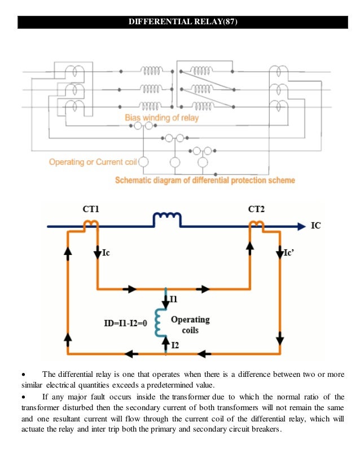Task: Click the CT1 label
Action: point(91,209)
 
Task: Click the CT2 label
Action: point(257,209)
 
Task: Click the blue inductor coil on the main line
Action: point(167,219)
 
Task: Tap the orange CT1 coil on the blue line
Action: point(91,225)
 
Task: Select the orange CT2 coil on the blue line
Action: point(257,225)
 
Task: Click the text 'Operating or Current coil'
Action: point(93,162)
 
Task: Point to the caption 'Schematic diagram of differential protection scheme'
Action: point(205,181)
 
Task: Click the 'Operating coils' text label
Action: point(190,324)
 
